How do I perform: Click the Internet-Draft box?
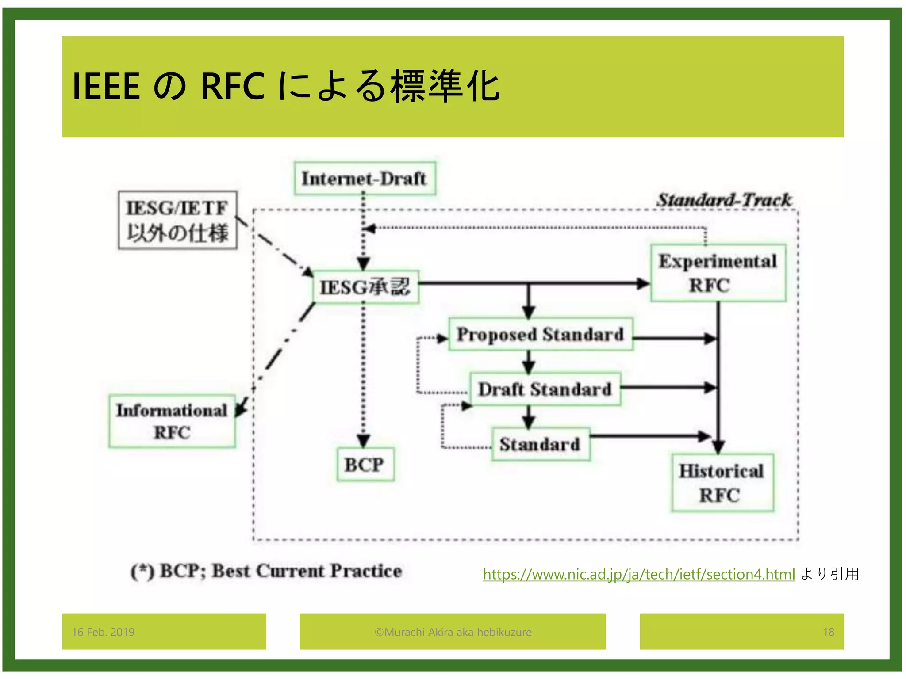point(365,179)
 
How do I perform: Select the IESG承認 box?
point(365,287)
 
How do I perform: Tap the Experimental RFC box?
point(718,273)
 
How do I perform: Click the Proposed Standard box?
point(540,335)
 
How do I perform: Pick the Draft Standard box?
point(545,389)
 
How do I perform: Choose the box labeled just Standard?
point(540,444)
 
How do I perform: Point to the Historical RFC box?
point(722,483)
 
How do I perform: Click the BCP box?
point(365,465)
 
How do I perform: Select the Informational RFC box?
point(172,421)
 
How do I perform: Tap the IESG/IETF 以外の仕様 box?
point(177,220)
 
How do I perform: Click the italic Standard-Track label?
point(723,200)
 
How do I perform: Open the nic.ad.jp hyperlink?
point(638,574)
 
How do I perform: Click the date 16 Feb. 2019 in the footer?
point(103,632)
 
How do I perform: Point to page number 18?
point(828,632)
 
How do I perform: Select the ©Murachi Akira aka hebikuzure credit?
point(453,632)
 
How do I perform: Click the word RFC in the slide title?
point(232,86)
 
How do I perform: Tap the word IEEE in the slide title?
point(106,86)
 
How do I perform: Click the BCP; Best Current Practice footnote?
point(266,571)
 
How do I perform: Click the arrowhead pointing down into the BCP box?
point(364,441)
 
